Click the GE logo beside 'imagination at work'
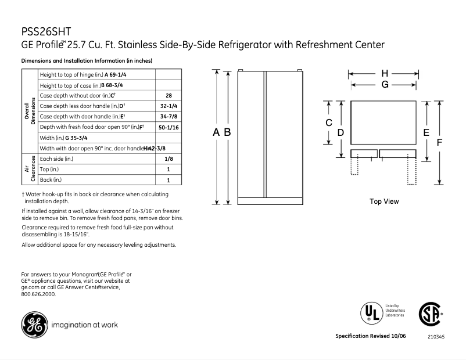click(34, 325)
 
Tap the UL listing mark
click(370, 312)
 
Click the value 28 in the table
click(168, 95)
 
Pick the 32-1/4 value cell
click(168, 106)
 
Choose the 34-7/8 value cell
click(168, 116)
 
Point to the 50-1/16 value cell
click(168, 127)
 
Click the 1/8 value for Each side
click(168, 159)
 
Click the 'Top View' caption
click(384, 201)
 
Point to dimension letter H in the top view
click(385, 74)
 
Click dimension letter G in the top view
click(385, 84)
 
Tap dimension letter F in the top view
click(440, 142)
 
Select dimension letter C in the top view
click(328, 123)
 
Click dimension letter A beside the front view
click(216, 132)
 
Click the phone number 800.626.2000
click(38, 294)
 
